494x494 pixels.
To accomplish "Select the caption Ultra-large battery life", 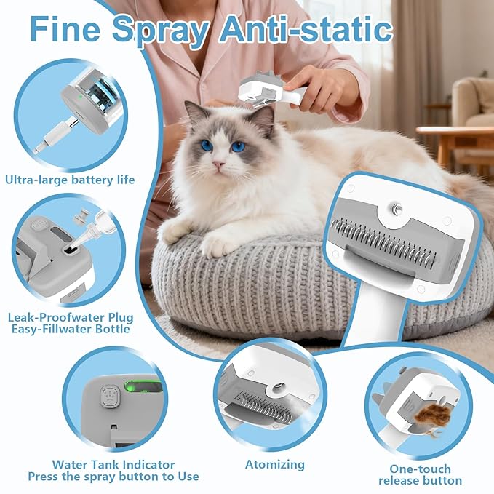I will point(70,179).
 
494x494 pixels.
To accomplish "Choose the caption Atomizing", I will point(274,463).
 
